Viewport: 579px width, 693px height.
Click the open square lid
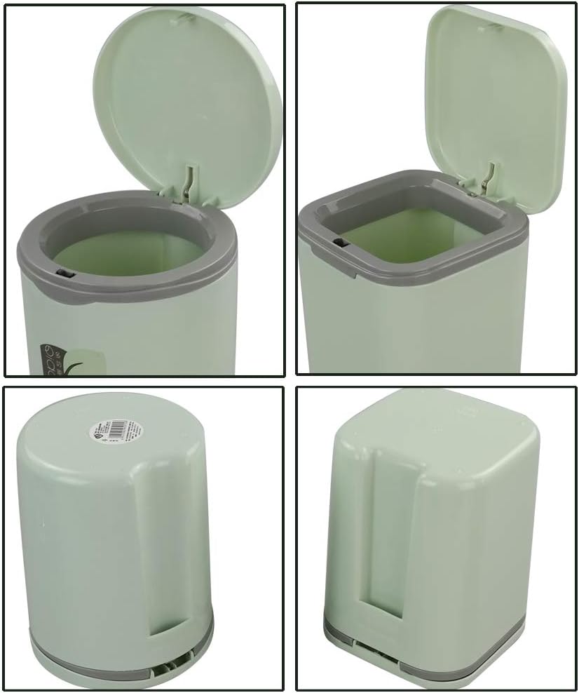(x=494, y=98)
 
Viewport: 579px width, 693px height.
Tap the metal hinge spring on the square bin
(x=490, y=179)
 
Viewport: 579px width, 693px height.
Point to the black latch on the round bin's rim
(x=64, y=272)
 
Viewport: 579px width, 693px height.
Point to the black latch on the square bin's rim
(x=341, y=243)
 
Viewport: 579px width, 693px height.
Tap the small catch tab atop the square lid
(x=494, y=26)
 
